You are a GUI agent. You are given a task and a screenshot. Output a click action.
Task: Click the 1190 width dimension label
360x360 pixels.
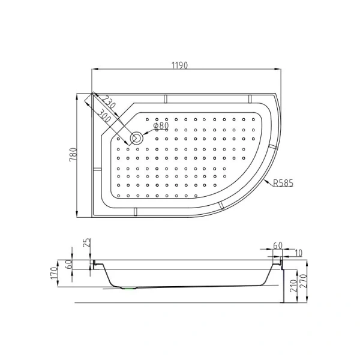179,65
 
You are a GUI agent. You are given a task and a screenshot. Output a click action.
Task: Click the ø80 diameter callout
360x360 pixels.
160,126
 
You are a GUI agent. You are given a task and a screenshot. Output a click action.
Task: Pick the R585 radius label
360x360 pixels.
283,184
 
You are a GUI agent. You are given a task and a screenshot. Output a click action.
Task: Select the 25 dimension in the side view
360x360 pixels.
87,243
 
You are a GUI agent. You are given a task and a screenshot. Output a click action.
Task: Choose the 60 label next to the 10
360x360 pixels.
277,246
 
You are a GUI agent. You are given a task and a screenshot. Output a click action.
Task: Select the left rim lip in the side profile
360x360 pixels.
93,264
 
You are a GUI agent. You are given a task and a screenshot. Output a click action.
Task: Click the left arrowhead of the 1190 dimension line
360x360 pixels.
94,70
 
